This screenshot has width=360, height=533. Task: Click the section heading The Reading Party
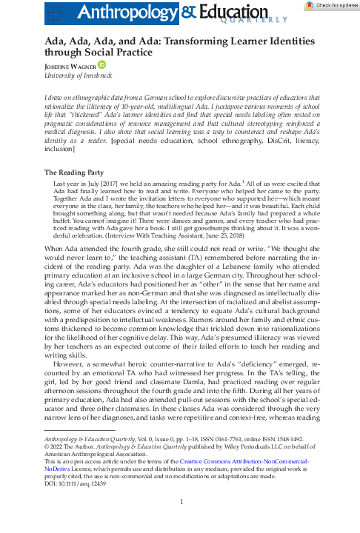69,172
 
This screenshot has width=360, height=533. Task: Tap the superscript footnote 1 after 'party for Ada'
242,180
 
